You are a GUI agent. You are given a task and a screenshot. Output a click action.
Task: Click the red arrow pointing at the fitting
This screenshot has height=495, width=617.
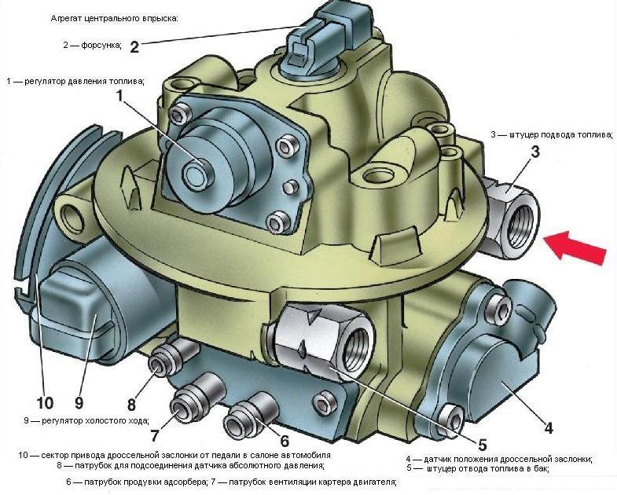(578, 245)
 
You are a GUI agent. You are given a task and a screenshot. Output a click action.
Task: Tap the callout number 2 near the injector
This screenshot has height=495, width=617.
(134, 47)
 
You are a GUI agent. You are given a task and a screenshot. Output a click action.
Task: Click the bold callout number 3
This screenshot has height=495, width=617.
(534, 152)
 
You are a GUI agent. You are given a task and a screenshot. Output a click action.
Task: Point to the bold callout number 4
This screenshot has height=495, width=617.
(549, 428)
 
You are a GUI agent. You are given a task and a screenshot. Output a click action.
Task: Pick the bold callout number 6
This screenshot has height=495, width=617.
(285, 441)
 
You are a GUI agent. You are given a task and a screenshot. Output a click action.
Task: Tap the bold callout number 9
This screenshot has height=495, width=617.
(79, 403)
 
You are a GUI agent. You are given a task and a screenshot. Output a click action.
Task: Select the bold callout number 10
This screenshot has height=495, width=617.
(44, 403)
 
